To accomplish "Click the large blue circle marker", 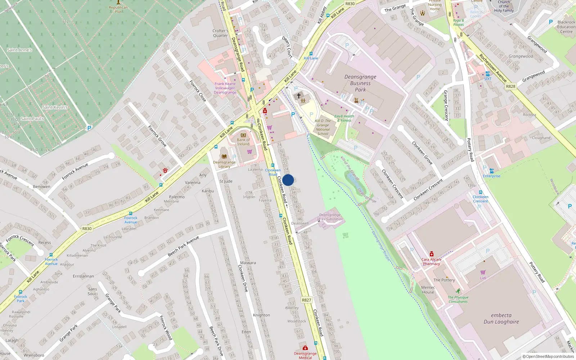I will pyautogui.click(x=288, y=180).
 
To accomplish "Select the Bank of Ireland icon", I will pyautogui.click(x=243, y=135).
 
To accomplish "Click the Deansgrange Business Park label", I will pyautogui.click(x=360, y=83).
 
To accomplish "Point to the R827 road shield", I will pyautogui.click(x=306, y=300).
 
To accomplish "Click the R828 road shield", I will pyautogui.click(x=510, y=86).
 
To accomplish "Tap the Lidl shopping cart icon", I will pyautogui.click(x=483, y=272).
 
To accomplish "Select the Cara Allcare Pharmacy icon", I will pyautogui.click(x=431, y=254).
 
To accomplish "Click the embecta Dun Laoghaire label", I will pyautogui.click(x=501, y=319).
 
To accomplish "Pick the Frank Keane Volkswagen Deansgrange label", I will pyautogui.click(x=225, y=88).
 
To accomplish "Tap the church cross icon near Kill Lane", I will pyautogui.click(x=298, y=96).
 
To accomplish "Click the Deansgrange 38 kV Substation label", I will pyautogui.click(x=330, y=217).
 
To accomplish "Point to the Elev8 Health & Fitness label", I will pyautogui.click(x=344, y=118).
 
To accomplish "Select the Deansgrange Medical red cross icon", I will pyautogui.click(x=305, y=348).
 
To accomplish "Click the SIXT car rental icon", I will pyautogui.click(x=487, y=74).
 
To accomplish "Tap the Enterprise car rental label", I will pyautogui.click(x=491, y=176).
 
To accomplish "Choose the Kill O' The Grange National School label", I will pyautogui.click(x=323, y=127).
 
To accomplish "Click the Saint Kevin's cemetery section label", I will pyautogui.click(x=55, y=107).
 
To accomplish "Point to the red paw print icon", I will pyautogui.click(x=165, y=171).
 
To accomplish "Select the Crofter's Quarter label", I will pyautogui.click(x=220, y=33).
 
